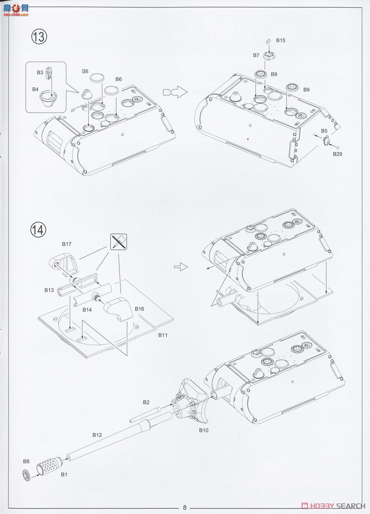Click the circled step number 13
[39, 37]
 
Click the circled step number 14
[38, 230]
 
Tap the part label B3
[40, 72]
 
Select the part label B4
[35, 89]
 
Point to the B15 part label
[280, 40]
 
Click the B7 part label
[256, 55]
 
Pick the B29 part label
[337, 154]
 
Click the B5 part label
[324, 131]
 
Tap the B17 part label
[66, 244]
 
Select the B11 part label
[163, 335]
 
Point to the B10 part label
[204, 430]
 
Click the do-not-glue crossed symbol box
[118, 242]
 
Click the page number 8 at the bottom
[185, 508]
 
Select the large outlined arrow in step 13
[175, 92]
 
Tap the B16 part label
[139, 309]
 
